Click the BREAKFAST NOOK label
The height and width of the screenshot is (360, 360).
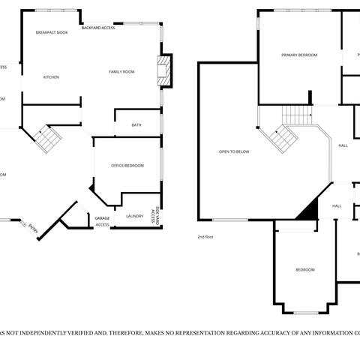point(52,34)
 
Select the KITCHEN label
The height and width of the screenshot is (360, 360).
point(51,77)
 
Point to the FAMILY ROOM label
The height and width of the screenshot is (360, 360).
point(121,71)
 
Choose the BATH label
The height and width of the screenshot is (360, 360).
point(136,125)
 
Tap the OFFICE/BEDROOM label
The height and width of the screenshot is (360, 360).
point(127,165)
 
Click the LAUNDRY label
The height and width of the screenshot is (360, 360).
point(135,216)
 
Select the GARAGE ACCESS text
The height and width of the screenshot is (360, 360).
point(102,221)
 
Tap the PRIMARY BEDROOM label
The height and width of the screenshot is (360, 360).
point(299,55)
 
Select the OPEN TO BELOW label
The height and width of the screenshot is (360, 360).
point(234,151)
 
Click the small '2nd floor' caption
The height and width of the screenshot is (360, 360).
point(205,237)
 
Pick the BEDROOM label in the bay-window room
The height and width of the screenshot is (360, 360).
point(304,269)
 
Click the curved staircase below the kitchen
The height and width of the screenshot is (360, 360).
point(48,137)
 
